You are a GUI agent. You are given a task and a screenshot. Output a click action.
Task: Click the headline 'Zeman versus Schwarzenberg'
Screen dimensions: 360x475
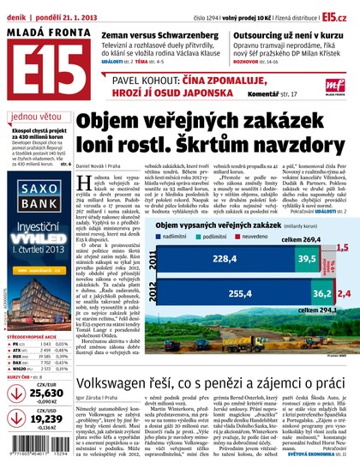(147, 35)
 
